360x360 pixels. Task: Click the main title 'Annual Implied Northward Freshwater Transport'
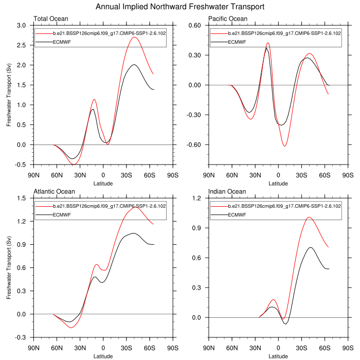[180, 7]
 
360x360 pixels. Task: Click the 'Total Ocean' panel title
[50, 19]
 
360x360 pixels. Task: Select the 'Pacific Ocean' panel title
[228, 19]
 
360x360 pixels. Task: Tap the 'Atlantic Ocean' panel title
[54, 192]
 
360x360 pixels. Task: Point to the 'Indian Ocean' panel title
[226, 192]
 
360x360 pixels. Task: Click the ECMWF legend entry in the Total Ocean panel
[61, 41]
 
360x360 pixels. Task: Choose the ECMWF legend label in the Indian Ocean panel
[236, 214]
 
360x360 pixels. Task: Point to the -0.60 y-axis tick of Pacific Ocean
[196, 145]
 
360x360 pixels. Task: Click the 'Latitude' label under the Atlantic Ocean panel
[103, 356]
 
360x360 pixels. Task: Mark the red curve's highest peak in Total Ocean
[134, 37]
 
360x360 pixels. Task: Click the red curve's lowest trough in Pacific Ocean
[284, 146]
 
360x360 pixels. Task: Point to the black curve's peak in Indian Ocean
[311, 247]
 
